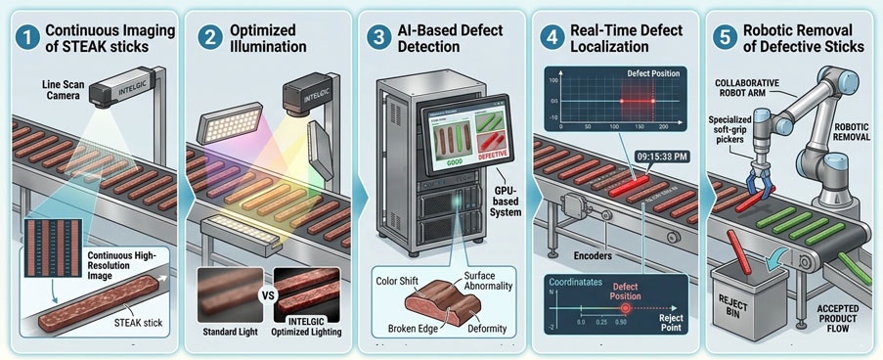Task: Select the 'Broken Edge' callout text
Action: [405, 327]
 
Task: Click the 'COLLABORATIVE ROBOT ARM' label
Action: [754, 85]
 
